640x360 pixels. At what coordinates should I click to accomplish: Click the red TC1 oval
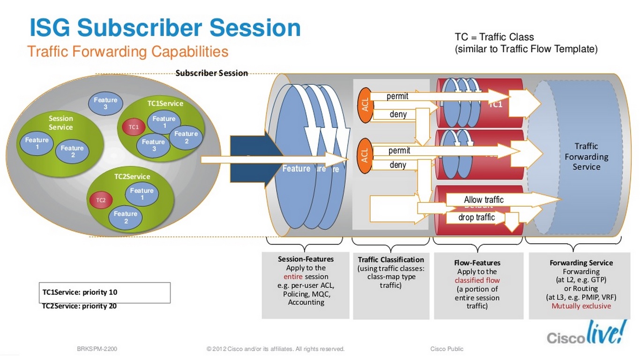click(134, 127)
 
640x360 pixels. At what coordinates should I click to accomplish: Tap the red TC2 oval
click(101, 200)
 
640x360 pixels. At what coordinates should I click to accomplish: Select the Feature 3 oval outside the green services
click(105, 103)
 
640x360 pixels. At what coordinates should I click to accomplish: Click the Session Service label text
click(61, 123)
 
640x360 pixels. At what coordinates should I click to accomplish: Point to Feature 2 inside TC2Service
click(126, 217)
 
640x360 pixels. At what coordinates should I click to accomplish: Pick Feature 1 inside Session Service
click(37, 143)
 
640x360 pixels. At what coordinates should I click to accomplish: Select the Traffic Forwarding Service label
click(586, 157)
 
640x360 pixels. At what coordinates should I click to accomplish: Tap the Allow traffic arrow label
click(484, 200)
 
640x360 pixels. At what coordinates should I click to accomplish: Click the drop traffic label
click(476, 217)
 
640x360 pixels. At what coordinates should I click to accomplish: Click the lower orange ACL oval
click(365, 153)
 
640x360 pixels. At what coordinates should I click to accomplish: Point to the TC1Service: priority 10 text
click(80, 292)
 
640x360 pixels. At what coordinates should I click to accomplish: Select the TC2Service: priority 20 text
click(80, 306)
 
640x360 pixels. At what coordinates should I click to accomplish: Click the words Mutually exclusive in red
click(581, 306)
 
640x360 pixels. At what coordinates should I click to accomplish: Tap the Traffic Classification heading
click(391, 260)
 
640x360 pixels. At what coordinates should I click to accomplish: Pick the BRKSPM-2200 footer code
click(101, 349)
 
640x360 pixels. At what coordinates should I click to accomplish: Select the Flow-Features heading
click(477, 263)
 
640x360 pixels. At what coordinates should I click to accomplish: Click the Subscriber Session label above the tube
click(212, 73)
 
